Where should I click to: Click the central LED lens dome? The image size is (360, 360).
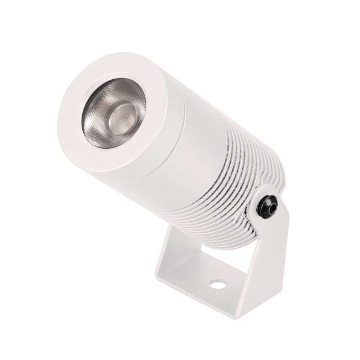coord(123,112)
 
